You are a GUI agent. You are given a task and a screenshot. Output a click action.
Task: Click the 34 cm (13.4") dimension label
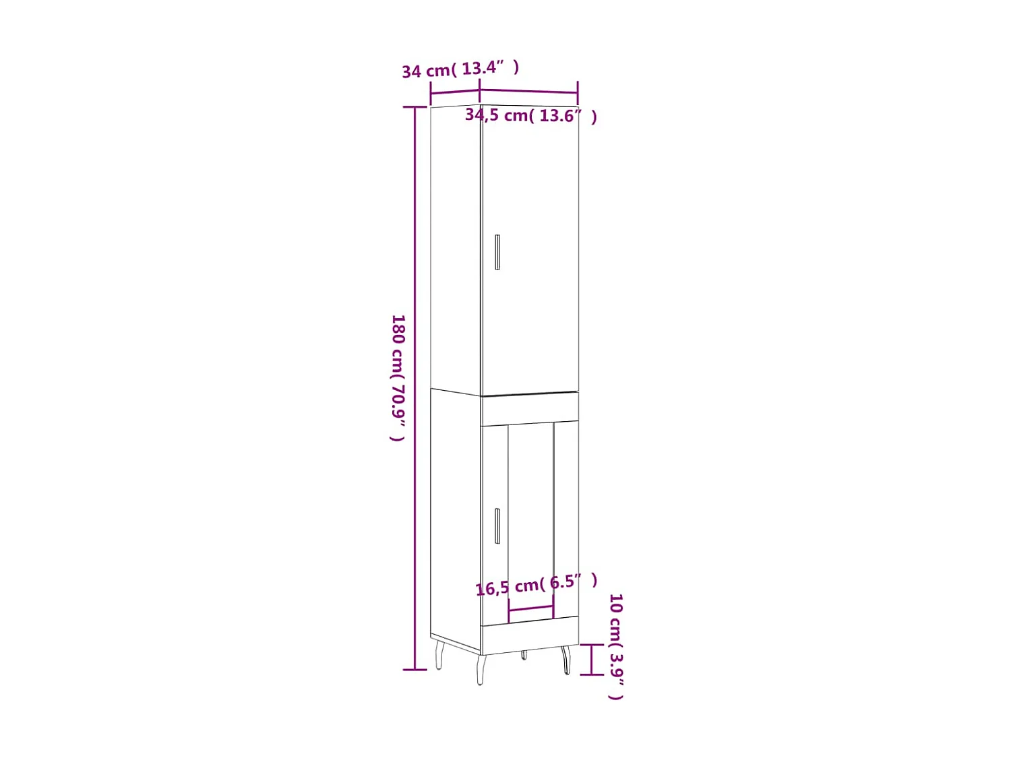460,69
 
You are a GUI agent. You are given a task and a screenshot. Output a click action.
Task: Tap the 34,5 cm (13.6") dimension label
531,116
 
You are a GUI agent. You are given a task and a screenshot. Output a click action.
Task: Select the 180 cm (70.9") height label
398,377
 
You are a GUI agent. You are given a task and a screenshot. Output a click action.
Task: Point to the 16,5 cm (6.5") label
537,584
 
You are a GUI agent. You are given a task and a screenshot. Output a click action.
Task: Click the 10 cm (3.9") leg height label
616,646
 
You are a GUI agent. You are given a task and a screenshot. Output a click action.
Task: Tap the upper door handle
497,252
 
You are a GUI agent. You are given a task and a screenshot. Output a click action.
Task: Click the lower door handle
497,526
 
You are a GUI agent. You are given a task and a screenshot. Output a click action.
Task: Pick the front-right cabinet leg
567,660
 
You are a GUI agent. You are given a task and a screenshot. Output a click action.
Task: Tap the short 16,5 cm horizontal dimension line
530,609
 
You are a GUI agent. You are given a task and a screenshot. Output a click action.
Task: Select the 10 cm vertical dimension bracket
592,659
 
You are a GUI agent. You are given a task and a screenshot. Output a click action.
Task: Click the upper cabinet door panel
530,256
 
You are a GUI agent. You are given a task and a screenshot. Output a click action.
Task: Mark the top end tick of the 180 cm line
415,107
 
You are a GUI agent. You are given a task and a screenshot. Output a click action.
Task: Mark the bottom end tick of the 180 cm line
415,670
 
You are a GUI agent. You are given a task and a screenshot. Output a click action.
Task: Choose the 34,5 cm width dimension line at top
528,91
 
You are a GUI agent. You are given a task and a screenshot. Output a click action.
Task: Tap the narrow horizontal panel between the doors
530,409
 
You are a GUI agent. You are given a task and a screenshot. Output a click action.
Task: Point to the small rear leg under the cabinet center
524,655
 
